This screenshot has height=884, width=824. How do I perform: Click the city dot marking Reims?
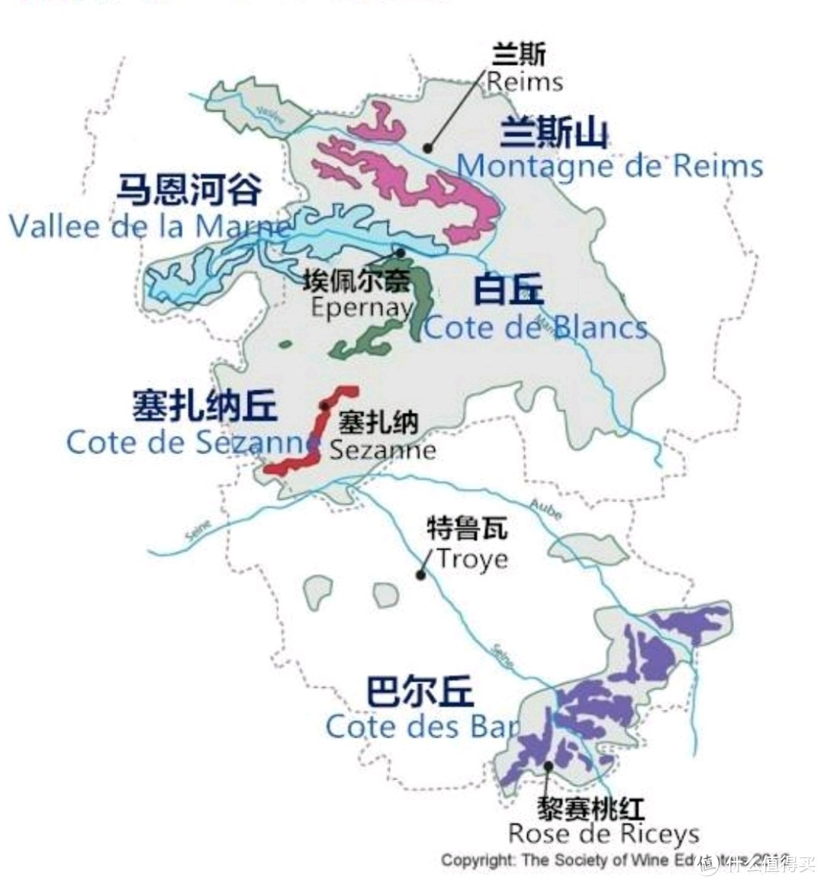pos(428,148)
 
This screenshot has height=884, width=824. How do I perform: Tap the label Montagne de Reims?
pos(610,166)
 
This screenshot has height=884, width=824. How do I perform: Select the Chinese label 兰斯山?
pos(555,133)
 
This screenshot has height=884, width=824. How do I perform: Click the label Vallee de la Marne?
pos(150,226)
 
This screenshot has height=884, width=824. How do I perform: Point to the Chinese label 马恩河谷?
pos(189,189)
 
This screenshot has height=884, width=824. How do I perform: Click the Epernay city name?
pos(361,307)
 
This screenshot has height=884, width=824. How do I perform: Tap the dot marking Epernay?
pos(399,252)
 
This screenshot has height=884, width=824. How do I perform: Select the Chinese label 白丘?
pos(508,291)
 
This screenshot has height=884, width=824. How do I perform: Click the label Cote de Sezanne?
pos(192,442)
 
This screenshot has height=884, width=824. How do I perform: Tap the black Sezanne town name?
pos(382,449)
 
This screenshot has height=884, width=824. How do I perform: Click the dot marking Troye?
pos(420,575)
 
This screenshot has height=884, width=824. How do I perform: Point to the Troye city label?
pos(472,559)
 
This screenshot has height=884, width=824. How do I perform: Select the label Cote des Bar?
pos(422,726)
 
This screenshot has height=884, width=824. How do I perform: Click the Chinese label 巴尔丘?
pos(420,692)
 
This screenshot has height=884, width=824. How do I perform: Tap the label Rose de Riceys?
pos(604,834)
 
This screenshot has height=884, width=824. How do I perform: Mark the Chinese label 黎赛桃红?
pos(591,808)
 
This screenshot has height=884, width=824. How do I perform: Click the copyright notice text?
pos(603,860)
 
